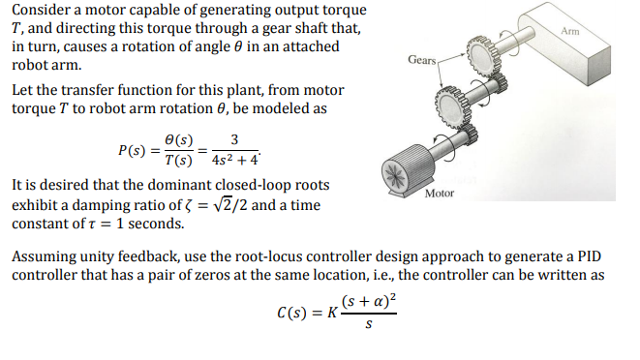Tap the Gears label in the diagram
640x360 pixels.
[422, 60]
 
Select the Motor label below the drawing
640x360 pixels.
[440, 194]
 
